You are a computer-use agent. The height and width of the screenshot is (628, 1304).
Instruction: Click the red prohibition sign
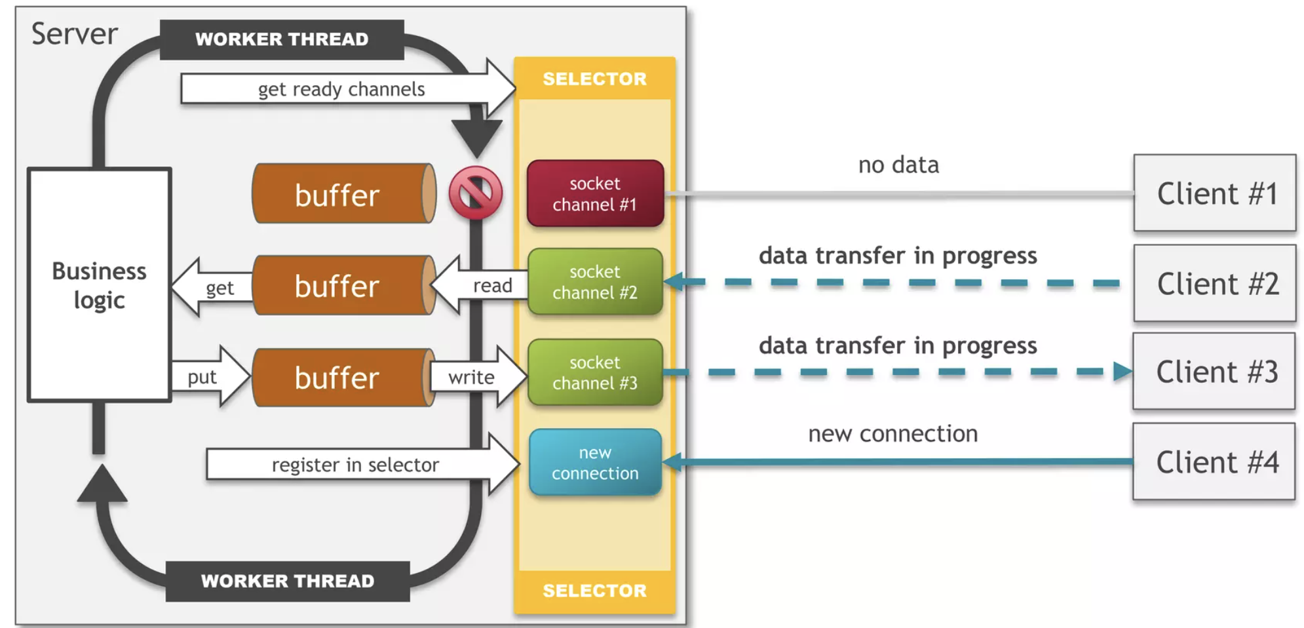476,193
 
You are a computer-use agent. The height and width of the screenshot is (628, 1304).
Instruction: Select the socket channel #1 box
595,193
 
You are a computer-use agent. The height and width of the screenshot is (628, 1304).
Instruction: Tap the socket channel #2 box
595,282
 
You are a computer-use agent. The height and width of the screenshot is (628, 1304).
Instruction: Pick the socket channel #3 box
595,372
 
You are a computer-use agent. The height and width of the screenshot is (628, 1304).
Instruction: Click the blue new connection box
595,462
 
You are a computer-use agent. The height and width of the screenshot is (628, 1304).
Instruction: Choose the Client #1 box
1215,193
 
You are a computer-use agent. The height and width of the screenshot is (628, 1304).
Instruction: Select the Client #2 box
1215,283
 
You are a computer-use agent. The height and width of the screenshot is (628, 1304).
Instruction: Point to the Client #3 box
1214,371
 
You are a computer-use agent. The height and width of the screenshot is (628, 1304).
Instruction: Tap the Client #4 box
1214,461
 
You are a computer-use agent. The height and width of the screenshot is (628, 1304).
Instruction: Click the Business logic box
100,285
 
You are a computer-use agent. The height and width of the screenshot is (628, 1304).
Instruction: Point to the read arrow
485,285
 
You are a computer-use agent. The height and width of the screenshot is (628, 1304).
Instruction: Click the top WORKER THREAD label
282,39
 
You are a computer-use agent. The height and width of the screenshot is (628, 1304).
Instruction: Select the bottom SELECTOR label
594,591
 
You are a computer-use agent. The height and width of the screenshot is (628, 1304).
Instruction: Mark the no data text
898,165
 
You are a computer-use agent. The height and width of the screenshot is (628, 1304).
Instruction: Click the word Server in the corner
75,34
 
